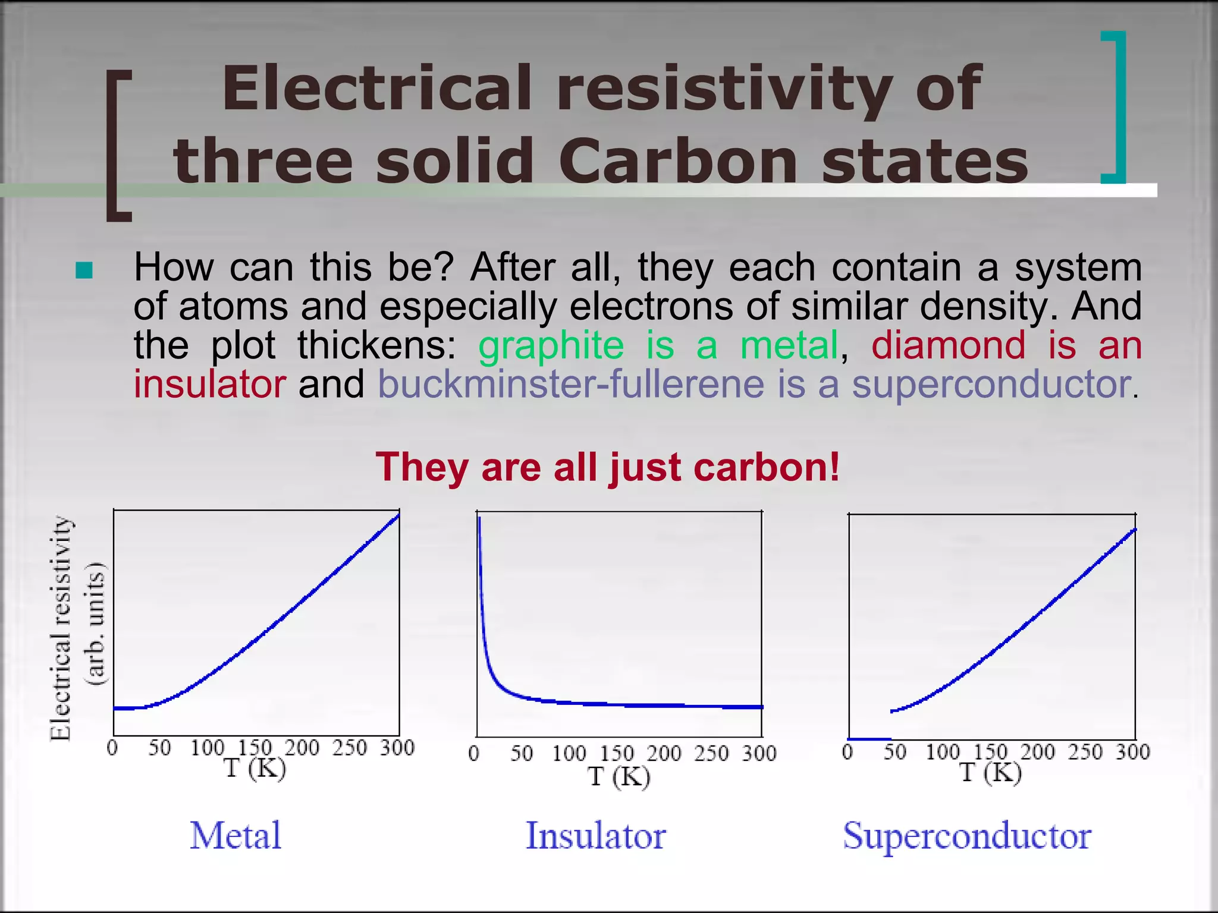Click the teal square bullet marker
(84, 270)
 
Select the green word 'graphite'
(551, 345)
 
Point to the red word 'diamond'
(948, 345)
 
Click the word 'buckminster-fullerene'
(571, 384)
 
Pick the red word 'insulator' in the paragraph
(209, 384)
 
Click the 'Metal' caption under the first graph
(236, 835)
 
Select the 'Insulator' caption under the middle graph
(596, 836)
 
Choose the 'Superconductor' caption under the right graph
(967, 836)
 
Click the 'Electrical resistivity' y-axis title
(61, 628)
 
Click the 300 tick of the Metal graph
(397, 748)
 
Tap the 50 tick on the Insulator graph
(522, 754)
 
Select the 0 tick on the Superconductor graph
(848, 753)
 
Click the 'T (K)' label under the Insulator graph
(619, 776)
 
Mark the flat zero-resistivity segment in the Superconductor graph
(869, 739)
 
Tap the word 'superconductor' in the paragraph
(991, 384)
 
